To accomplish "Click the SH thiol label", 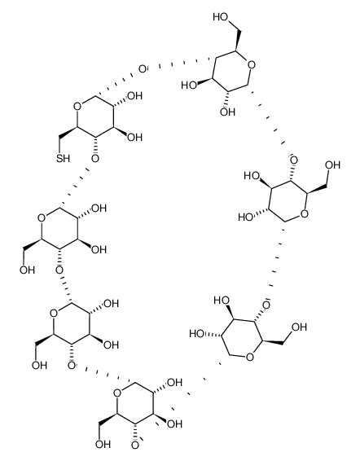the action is [64, 158].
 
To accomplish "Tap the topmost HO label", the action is [221, 17].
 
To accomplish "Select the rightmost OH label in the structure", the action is [333, 165].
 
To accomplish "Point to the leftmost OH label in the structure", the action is [28, 270].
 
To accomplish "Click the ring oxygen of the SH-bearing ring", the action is [77, 106].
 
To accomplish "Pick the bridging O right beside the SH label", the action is [95, 159].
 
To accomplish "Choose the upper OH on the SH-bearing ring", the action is [134, 96].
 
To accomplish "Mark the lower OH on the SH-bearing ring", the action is [134, 137].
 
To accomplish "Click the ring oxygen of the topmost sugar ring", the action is [251, 64].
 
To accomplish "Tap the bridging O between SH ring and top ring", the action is [143, 69].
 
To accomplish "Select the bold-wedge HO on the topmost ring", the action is [189, 86].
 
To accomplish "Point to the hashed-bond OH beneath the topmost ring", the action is [228, 112].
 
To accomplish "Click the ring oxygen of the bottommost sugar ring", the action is [116, 393].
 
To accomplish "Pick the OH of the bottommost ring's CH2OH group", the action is [103, 444].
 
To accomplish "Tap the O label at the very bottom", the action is [134, 446].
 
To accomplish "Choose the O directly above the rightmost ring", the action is [293, 160].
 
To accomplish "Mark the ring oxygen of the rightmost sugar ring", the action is [305, 213].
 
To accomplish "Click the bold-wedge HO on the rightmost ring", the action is [252, 176].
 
